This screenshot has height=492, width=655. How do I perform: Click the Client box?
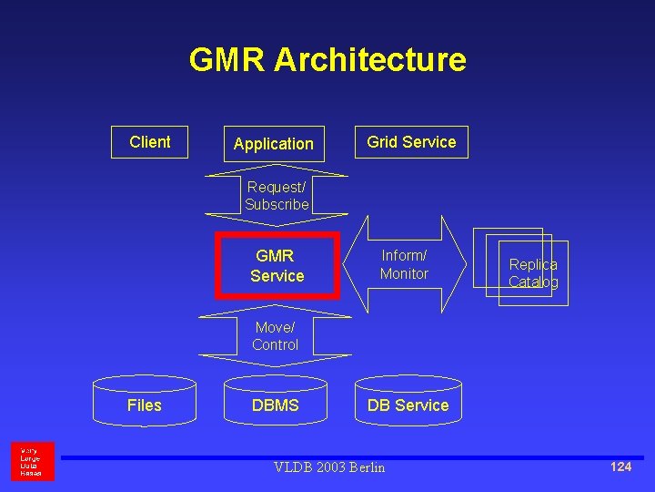click(x=149, y=142)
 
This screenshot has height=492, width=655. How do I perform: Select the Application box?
click(x=273, y=144)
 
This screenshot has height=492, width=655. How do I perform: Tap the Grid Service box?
click(x=411, y=142)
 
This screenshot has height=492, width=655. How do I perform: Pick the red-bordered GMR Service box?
click(x=277, y=266)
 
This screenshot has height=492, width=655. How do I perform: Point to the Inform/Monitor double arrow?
click(x=404, y=264)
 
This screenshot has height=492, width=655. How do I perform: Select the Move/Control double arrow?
click(x=275, y=335)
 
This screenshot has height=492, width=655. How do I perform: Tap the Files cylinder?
click(x=144, y=405)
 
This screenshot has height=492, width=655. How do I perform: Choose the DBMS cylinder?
click(x=275, y=405)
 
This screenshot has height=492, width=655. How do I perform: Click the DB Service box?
click(x=408, y=405)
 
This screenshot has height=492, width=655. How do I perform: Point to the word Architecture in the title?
click(x=369, y=60)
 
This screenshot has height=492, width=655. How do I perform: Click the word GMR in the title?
click(x=227, y=60)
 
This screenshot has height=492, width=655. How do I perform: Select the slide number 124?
click(x=620, y=466)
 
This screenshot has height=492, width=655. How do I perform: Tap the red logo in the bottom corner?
click(x=32, y=461)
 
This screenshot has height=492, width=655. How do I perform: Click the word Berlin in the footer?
click(x=365, y=467)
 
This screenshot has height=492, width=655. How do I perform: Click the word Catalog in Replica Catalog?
click(x=533, y=282)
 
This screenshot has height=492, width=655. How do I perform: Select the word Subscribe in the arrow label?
click(x=277, y=204)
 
